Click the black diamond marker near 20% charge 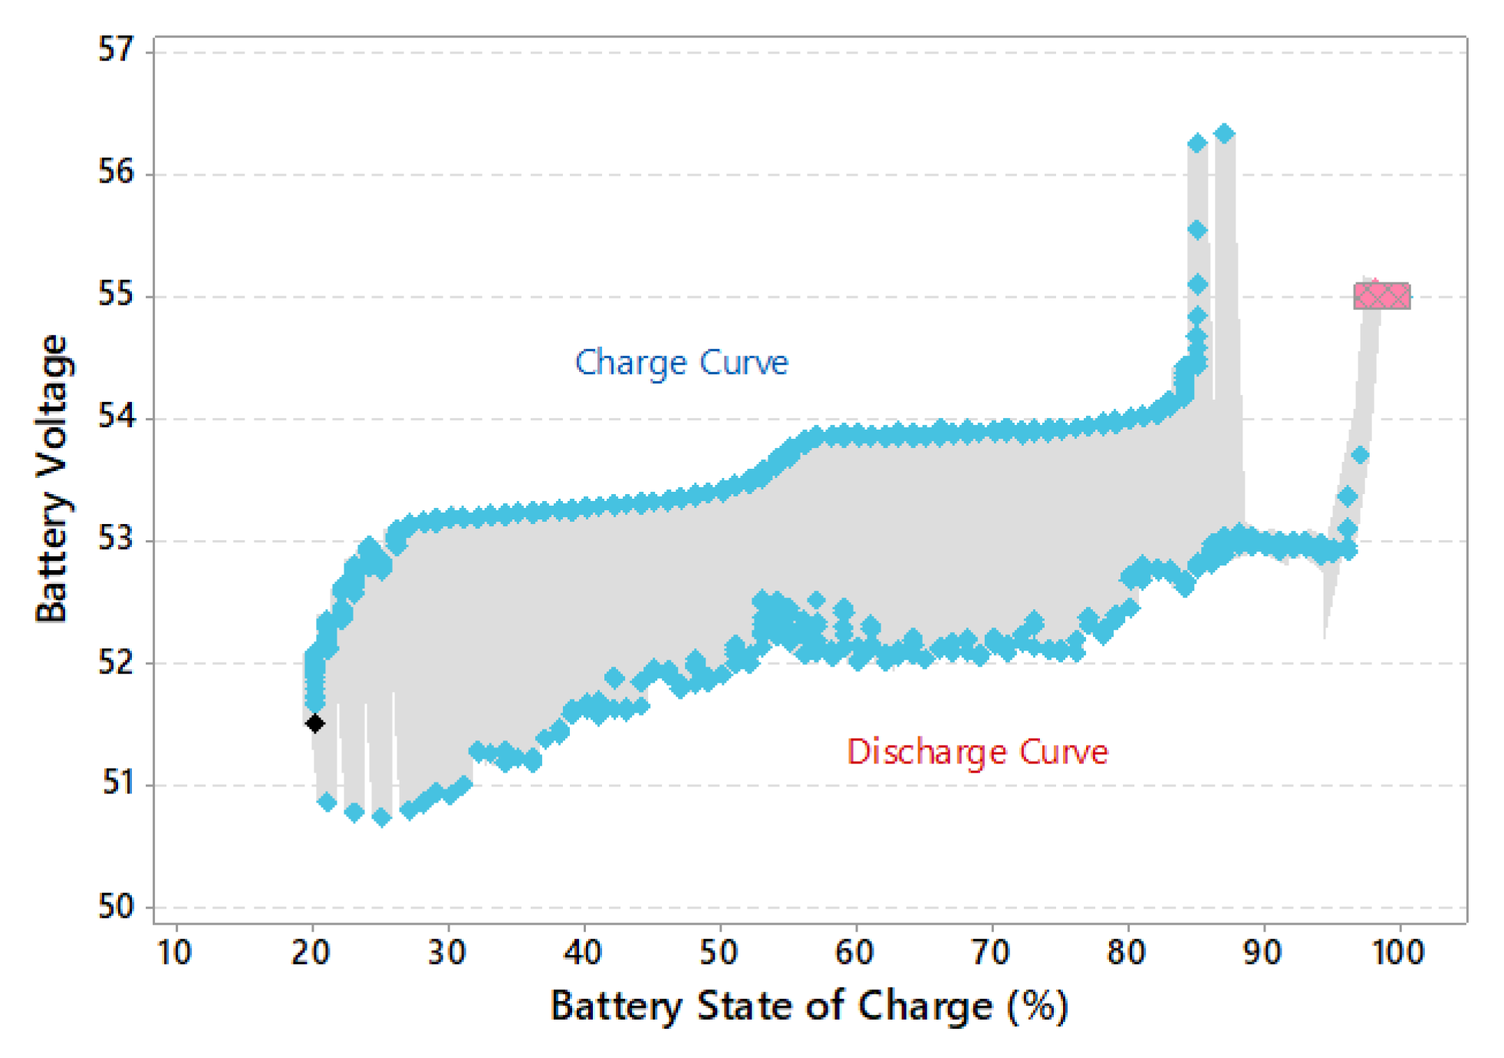pyautogui.click(x=314, y=723)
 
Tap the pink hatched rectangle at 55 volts pyautogui.click(x=1381, y=296)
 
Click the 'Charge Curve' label pyautogui.click(x=681, y=362)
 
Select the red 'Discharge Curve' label pyautogui.click(x=977, y=752)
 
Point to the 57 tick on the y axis pyautogui.click(x=116, y=50)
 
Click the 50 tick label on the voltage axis pyautogui.click(x=116, y=907)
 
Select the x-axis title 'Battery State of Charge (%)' pyautogui.click(x=809, y=1006)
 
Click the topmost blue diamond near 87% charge pyautogui.click(x=1224, y=133)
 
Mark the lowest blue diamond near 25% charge pyautogui.click(x=381, y=818)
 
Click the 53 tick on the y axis pyautogui.click(x=116, y=539)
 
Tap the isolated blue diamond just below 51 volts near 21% pyautogui.click(x=327, y=803)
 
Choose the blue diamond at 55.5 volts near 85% pyautogui.click(x=1197, y=229)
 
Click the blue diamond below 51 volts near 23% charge pyautogui.click(x=354, y=812)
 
